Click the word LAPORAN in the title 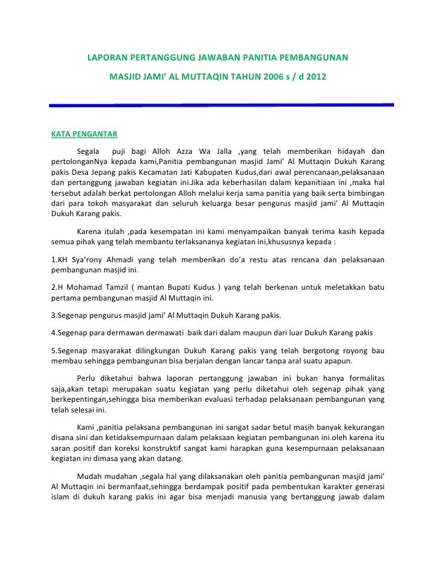click(x=108, y=59)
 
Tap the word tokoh click(x=99, y=204)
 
